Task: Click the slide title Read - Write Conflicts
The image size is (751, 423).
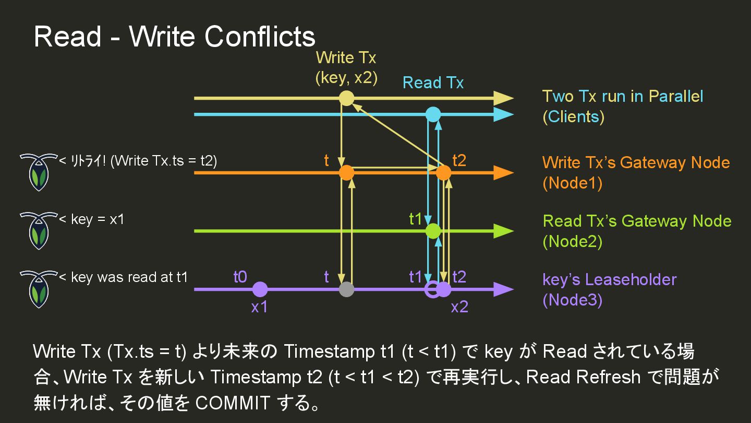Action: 174,37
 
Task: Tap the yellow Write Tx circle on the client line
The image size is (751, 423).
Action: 346,98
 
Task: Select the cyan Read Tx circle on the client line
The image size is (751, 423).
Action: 433,114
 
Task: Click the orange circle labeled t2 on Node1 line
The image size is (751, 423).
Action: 443,172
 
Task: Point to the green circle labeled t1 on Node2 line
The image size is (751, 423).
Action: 433,231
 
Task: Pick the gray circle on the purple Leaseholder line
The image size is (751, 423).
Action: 346,289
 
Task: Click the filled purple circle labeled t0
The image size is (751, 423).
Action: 260,289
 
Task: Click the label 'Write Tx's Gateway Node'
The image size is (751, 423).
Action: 636,162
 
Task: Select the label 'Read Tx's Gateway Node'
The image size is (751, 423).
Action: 637,221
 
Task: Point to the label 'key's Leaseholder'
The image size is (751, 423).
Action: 609,279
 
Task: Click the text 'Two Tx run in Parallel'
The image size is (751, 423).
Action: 623,97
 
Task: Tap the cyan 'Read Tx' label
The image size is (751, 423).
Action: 433,83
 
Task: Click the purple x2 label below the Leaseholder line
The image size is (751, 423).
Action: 459,307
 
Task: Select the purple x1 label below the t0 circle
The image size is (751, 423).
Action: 259,307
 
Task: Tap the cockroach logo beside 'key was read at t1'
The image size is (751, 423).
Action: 38,289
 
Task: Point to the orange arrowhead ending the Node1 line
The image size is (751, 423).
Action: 503,172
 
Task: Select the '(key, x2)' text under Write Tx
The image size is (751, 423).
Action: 346,77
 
